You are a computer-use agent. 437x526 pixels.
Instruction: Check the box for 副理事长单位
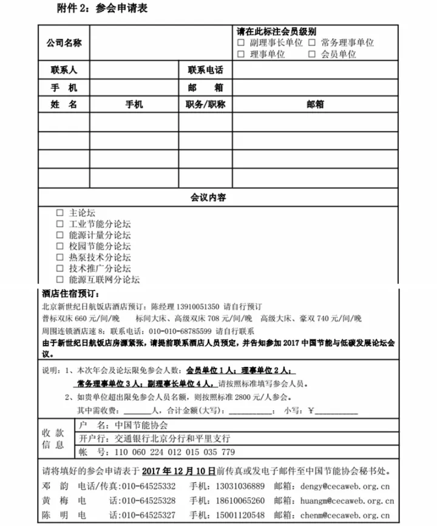[x=241, y=43]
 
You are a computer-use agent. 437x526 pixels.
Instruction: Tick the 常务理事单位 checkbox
[x=311, y=43]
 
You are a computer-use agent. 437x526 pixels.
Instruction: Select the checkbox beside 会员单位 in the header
[x=311, y=54]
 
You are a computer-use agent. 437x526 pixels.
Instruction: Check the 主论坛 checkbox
[x=59, y=213]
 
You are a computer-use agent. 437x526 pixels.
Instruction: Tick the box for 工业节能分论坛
[x=59, y=224]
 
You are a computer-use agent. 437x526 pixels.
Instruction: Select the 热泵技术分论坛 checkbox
[x=59, y=257]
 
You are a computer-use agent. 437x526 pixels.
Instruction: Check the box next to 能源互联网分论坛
[x=59, y=279]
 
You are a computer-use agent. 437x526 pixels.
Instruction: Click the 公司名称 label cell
[x=64, y=43]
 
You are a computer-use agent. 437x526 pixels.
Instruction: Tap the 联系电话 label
[x=205, y=70]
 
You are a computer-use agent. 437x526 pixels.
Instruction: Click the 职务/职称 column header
[x=205, y=104]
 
